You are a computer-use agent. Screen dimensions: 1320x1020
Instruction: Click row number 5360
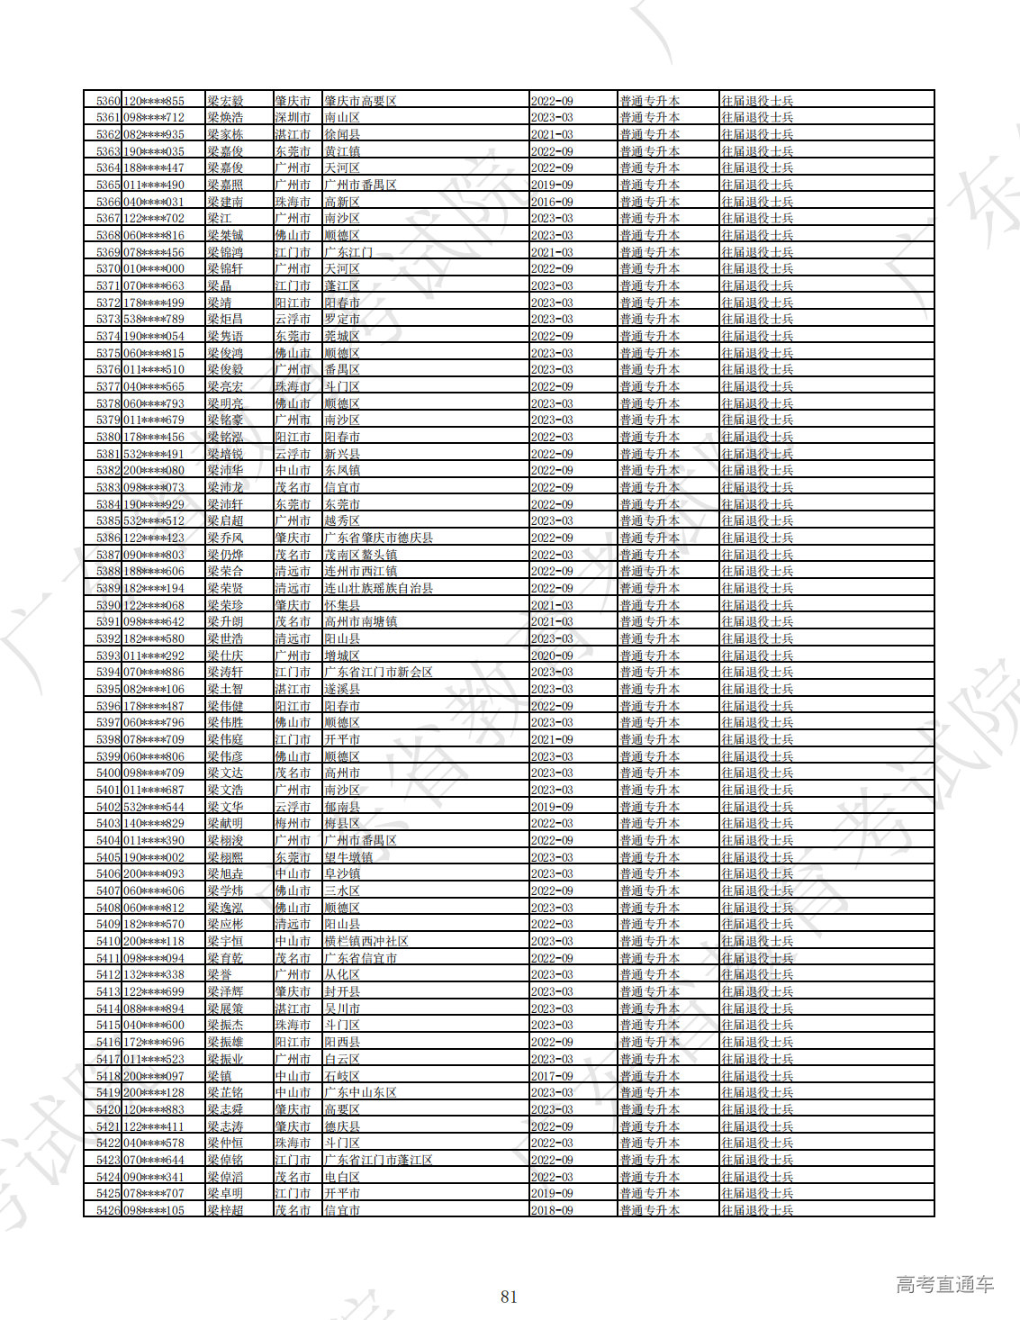coord(107,101)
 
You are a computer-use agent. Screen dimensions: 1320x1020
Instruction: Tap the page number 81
coord(509,1297)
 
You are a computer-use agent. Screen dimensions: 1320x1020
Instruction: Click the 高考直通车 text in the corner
coord(944,1284)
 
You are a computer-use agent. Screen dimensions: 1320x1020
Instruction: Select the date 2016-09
coord(552,202)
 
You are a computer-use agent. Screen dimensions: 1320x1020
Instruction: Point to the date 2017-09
coord(552,1076)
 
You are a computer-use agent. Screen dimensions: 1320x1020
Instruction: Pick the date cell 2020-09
coord(552,655)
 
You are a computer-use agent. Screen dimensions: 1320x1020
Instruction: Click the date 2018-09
coord(552,1210)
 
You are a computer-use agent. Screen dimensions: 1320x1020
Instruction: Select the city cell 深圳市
coord(293,118)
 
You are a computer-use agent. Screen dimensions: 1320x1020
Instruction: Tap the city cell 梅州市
coord(293,824)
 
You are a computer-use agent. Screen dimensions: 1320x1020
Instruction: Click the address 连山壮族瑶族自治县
coord(378,588)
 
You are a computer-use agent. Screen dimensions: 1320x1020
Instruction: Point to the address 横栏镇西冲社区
coord(366,941)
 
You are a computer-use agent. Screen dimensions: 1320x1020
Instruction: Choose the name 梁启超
coord(225,521)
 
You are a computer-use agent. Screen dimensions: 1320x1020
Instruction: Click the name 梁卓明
coord(225,1193)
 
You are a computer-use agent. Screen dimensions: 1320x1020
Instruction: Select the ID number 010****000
coord(153,269)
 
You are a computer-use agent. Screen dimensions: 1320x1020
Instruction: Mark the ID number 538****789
coord(153,320)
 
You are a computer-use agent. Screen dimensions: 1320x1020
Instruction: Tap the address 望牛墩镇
coord(348,857)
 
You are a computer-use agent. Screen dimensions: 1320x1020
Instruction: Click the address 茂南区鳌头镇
coord(360,555)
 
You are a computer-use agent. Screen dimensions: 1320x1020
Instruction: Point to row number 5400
coord(107,773)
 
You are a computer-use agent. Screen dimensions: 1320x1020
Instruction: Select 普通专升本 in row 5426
coord(649,1210)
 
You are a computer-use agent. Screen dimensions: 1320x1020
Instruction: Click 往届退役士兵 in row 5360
coord(757,101)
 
